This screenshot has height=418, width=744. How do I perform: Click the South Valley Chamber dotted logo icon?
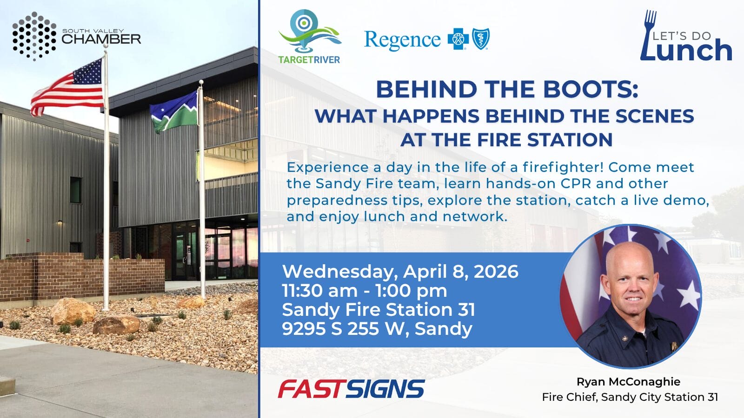click(x=34, y=36)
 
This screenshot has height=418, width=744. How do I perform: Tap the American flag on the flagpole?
click(x=68, y=87)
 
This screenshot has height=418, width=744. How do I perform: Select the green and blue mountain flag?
click(x=173, y=111)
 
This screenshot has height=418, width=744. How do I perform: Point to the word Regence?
click(x=402, y=40)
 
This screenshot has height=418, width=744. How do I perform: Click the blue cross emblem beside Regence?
click(x=458, y=39)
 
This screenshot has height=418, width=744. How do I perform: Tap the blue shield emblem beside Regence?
click(x=481, y=39)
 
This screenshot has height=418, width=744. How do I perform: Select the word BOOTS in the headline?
click(x=587, y=89)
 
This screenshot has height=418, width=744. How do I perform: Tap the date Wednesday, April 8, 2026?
click(x=400, y=271)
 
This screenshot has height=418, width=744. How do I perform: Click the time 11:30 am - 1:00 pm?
click(x=365, y=291)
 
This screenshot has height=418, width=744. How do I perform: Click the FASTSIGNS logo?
click(x=352, y=389)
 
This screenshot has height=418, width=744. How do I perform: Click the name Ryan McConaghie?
click(x=628, y=381)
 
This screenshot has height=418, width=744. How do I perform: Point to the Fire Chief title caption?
click(x=630, y=397)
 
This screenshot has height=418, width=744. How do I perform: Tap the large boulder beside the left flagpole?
click(x=73, y=311)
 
